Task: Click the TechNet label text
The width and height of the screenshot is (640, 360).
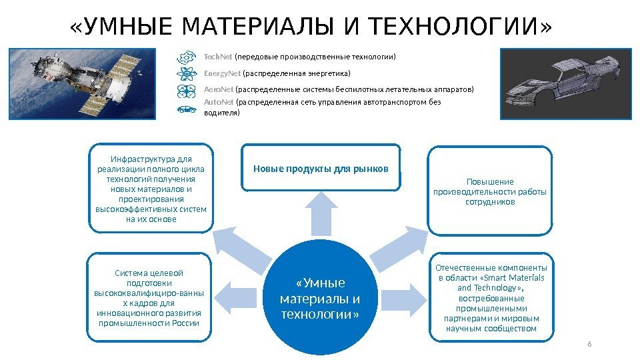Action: coord(214,57)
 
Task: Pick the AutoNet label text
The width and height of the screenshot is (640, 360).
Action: coord(219,103)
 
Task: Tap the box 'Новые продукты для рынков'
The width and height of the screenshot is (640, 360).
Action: coord(321,168)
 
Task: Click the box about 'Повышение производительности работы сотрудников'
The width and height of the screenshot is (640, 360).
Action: coord(490,191)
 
